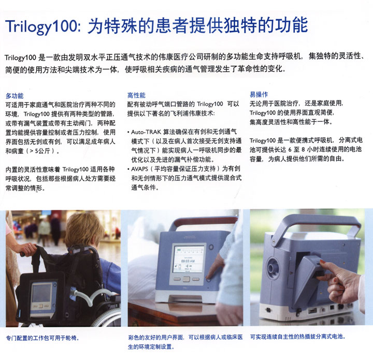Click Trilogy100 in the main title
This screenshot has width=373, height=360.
click(41, 26)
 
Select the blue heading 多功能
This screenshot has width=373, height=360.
click(15, 96)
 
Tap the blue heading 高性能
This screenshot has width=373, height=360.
click(136, 95)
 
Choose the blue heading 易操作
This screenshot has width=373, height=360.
click(259, 94)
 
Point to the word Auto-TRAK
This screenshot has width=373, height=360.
click(146, 132)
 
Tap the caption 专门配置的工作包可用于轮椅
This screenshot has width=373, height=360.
click(42, 338)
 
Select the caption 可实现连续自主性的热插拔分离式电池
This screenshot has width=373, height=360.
click(297, 337)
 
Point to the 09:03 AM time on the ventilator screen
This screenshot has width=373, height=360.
click(188, 261)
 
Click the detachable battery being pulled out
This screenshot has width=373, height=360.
click(307, 281)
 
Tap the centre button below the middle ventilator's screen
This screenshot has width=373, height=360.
click(187, 279)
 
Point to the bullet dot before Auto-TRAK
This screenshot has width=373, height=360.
click(128, 132)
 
